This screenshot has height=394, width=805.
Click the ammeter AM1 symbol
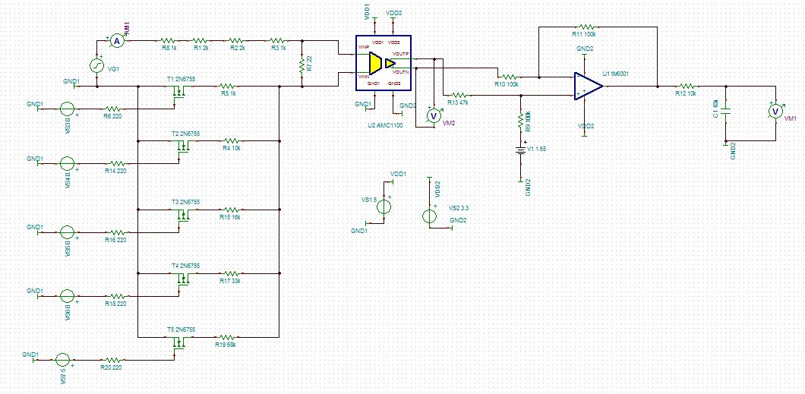[x=117, y=43]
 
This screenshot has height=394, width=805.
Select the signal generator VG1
[x=97, y=66]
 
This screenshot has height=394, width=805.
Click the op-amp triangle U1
[x=587, y=86]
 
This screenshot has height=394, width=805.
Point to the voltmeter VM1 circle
[x=775, y=111]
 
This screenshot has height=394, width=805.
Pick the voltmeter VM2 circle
[x=433, y=115]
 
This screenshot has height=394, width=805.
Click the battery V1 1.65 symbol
[x=520, y=150]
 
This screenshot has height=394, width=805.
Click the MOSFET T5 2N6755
[x=180, y=342]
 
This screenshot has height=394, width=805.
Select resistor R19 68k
[x=226, y=336]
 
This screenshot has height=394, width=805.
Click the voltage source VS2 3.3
[x=430, y=215]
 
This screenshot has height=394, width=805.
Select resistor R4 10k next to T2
[x=230, y=140]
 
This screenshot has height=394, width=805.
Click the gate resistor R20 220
[x=112, y=360]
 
